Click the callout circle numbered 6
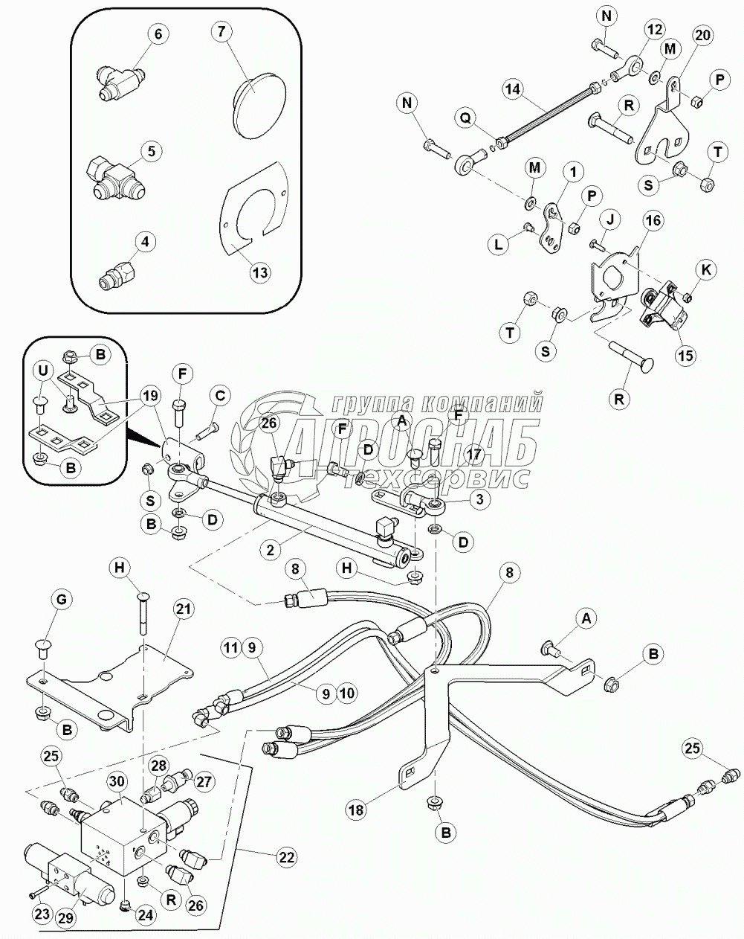(x=158, y=33)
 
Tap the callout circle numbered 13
(x=259, y=272)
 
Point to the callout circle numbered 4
(x=145, y=241)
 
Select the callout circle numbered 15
(x=685, y=356)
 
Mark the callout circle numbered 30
(x=115, y=783)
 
